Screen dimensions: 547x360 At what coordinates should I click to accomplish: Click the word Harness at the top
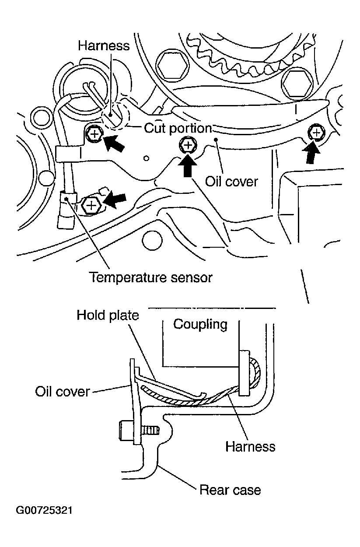click(104, 46)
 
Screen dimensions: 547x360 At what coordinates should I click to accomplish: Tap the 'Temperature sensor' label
click(150, 277)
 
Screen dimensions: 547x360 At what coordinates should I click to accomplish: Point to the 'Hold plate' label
click(108, 315)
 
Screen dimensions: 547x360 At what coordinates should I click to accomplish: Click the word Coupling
click(200, 324)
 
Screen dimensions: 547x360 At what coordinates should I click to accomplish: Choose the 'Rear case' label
click(230, 489)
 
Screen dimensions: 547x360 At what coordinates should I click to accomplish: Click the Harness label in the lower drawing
click(250, 446)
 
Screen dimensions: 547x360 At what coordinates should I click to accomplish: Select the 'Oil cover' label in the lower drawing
click(63, 391)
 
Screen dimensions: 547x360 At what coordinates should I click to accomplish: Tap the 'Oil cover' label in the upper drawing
click(232, 181)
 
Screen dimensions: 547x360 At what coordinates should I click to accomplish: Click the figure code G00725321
click(44, 511)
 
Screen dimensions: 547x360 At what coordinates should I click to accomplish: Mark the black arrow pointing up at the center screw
click(188, 165)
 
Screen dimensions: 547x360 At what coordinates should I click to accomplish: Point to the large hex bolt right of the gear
click(297, 81)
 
